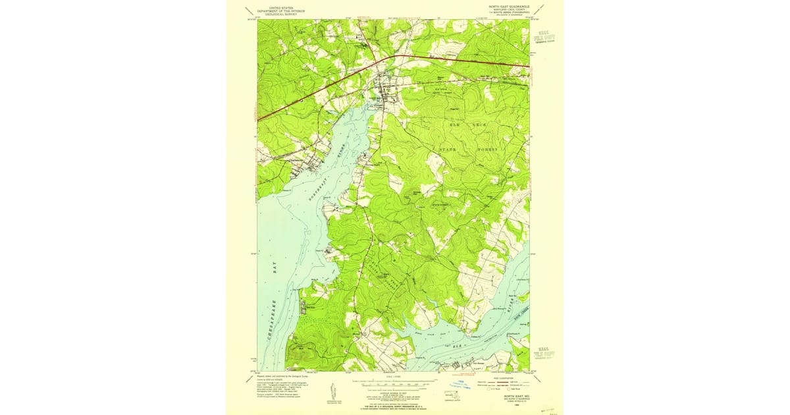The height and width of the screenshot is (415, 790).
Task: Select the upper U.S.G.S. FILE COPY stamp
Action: click(544, 36)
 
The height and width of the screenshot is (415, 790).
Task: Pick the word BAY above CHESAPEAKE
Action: click(274, 267)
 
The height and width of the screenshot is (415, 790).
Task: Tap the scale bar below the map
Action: click(395, 382)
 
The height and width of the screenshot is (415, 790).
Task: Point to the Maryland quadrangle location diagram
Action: click(452, 395)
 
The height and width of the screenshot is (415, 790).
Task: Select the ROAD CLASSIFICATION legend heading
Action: click(502, 376)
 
